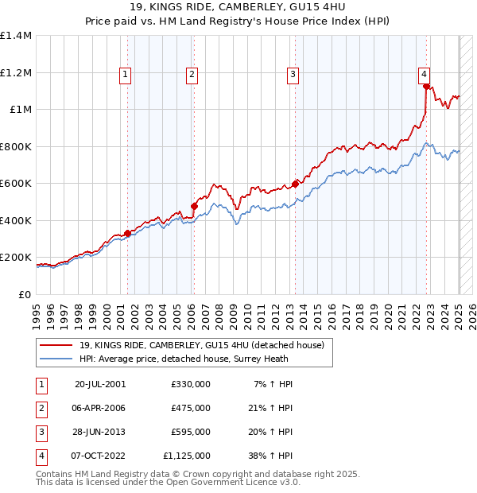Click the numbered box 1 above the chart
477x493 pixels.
[x=126, y=76]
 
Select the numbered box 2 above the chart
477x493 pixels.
[x=192, y=76]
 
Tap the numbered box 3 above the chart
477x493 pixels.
[x=293, y=76]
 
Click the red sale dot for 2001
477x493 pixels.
[x=127, y=233]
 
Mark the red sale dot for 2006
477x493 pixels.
[x=194, y=207]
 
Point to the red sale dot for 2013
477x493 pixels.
[x=295, y=184]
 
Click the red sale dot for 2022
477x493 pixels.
[x=426, y=87]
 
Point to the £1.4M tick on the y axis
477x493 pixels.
[x=16, y=36]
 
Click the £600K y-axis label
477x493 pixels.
[x=16, y=184]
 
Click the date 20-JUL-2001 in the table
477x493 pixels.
[x=100, y=384]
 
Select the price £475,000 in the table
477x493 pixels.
[x=191, y=408]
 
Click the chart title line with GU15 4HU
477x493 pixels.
[x=238, y=10]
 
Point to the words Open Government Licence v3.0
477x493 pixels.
[x=238, y=482]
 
